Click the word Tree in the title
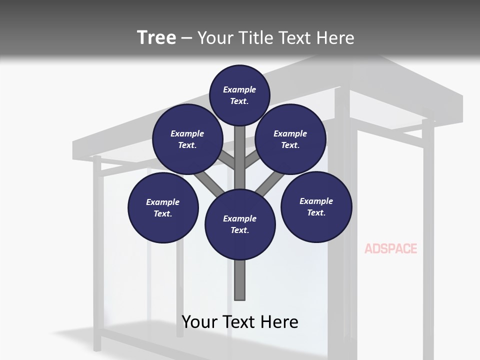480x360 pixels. coord(156,37)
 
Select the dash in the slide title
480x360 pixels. coord(186,38)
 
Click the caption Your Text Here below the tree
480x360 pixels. coord(240,322)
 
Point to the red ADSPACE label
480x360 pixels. coord(390,248)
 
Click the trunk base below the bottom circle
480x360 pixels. coord(240,280)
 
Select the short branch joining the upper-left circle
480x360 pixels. coord(227,160)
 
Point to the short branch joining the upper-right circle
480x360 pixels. coord(250,160)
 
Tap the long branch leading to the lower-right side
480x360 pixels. coord(270,182)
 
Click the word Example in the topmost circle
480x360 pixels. coord(239,89)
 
